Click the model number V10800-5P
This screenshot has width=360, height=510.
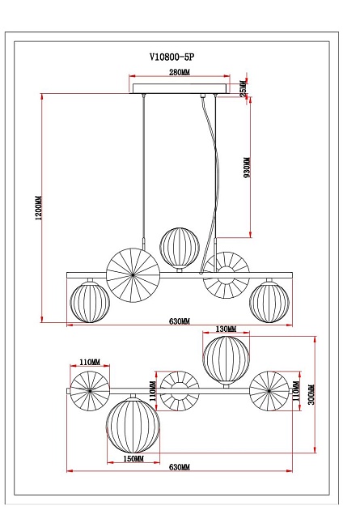click(172, 57)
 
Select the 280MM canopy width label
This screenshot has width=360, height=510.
click(179, 73)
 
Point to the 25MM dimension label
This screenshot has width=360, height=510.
click(244, 89)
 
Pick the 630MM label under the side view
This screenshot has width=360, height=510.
click(179, 321)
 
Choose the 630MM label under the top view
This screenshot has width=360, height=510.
click(180, 469)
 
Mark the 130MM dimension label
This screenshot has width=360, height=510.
click(226, 329)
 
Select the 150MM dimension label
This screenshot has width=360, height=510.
click(133, 458)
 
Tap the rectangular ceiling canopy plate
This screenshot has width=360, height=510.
click(180, 88)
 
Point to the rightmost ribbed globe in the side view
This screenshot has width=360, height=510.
click(269, 300)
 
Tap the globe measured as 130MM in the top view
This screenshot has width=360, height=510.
click(226, 359)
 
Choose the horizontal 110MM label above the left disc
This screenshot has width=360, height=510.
click(89, 362)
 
